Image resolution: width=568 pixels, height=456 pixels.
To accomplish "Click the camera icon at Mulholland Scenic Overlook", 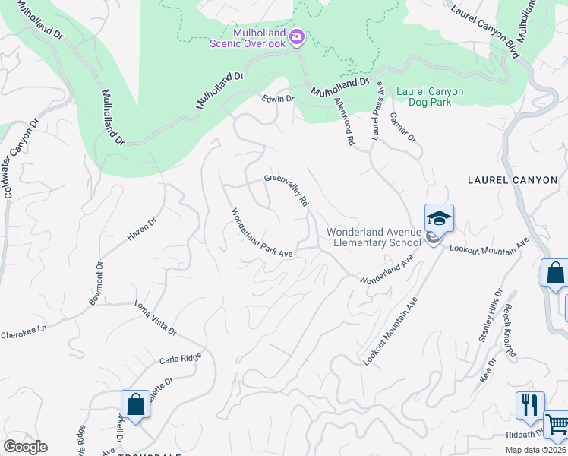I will (x=297, y=36).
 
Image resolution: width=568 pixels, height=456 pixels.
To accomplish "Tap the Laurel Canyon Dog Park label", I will (x=430, y=97).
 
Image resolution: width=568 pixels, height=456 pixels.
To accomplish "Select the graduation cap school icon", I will (x=438, y=219).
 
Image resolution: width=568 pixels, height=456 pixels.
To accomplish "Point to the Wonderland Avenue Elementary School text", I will (x=374, y=237).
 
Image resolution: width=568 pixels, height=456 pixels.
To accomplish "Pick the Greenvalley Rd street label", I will (x=286, y=190).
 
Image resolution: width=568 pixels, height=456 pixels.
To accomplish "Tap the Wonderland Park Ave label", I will (x=262, y=233).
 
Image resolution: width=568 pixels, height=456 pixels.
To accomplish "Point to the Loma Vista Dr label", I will (x=156, y=319).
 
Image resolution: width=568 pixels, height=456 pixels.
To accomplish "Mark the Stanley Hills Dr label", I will (x=491, y=315).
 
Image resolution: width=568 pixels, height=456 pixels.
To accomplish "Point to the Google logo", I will (x=25, y=447).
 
